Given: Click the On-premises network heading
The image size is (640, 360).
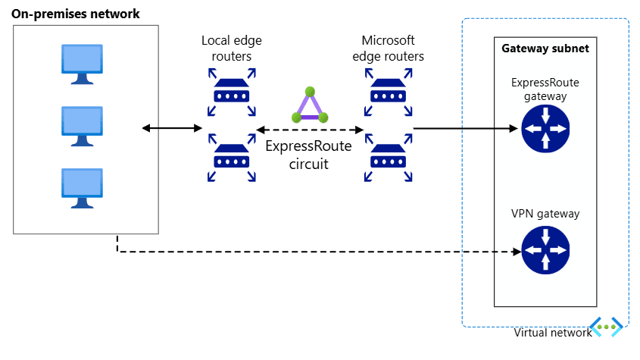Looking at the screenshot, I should pos(76,14).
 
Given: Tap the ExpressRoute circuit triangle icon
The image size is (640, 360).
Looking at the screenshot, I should pos(311,105).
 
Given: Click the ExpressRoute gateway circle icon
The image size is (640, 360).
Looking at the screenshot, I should pos(545,129).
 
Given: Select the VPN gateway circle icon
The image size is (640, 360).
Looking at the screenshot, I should pos(545,251).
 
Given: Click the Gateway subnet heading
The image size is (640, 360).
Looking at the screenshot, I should pos(545,49).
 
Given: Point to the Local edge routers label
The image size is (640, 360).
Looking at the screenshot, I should pos(232,48).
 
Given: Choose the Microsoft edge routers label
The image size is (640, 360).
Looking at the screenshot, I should pos(389,48).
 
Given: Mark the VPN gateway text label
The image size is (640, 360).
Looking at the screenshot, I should pos(545,214).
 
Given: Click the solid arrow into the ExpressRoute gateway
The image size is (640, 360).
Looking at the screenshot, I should pos(466,129).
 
